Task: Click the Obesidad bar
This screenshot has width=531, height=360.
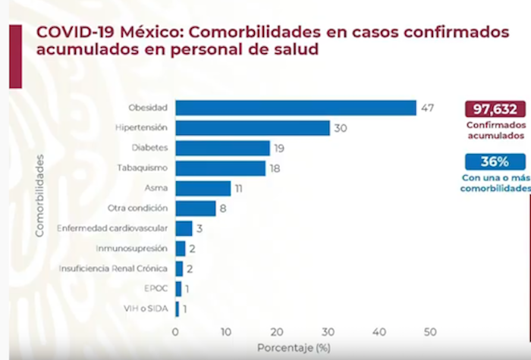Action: pyautogui.click(x=296, y=108)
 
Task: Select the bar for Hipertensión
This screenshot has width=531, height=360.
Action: pyautogui.click(x=253, y=128)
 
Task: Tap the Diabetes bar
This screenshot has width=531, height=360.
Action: pyautogui.click(x=222, y=148)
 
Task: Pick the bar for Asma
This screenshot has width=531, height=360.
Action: pyautogui.click(x=203, y=188)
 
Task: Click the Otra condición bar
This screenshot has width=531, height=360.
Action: pyautogui.click(x=195, y=208)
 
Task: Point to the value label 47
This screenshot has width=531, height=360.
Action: pyautogui.click(x=427, y=108)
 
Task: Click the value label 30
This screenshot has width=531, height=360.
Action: pyautogui.click(x=340, y=128)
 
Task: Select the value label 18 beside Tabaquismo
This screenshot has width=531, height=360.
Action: pyautogui.click(x=275, y=168)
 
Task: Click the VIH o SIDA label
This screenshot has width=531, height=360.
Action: pyautogui.click(x=146, y=308)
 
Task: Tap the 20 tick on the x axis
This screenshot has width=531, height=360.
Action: pyautogui.click(x=277, y=332)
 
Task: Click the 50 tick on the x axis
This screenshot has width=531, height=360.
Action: pyautogui.click(x=430, y=332)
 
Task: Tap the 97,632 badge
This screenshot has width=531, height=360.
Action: pyautogui.click(x=495, y=108)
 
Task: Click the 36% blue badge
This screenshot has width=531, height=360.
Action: pyautogui.click(x=495, y=161)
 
